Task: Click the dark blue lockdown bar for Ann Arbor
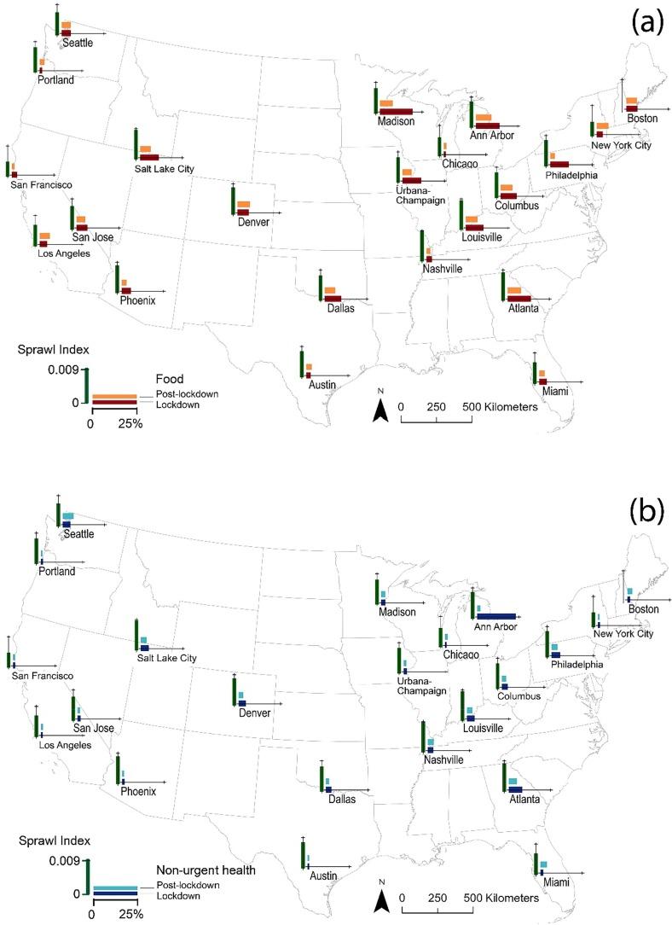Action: click(x=496, y=616)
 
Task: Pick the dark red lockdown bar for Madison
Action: click(x=396, y=111)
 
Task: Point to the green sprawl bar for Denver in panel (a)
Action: click(x=233, y=200)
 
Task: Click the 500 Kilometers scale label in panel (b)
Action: click(x=499, y=899)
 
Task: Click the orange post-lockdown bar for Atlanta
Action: click(x=513, y=290)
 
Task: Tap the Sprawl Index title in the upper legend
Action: click(x=50, y=349)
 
